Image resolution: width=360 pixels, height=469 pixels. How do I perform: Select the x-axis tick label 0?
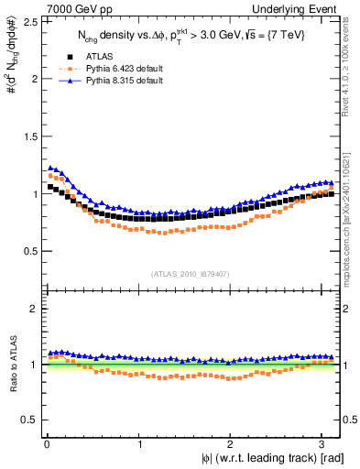tap(46, 443)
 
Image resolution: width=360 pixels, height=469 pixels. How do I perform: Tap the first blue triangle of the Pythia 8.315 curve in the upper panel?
tap(49, 168)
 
